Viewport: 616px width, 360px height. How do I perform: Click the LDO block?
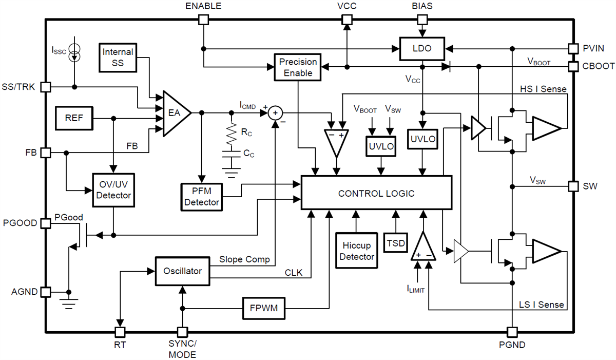pyautogui.click(x=422, y=49)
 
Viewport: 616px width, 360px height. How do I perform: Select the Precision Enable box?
pyautogui.click(x=298, y=67)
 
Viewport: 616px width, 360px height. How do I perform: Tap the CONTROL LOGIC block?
pyautogui.click(x=376, y=193)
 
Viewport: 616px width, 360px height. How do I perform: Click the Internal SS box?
pyautogui.click(x=118, y=58)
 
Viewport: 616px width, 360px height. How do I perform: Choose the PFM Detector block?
pyautogui.click(x=202, y=196)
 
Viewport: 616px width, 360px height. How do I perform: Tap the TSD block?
pyautogui.click(x=395, y=243)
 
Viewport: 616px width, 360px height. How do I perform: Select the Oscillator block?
pyautogui.click(x=183, y=271)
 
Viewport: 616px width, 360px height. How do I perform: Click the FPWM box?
pyautogui.click(x=264, y=309)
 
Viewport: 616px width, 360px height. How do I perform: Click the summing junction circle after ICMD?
pyautogui.click(x=276, y=113)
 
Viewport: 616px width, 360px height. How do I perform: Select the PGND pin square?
pyautogui.click(x=512, y=332)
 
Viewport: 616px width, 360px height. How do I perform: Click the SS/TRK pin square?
pyautogui.click(x=46, y=87)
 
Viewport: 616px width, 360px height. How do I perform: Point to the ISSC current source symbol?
pyautogui.click(x=75, y=53)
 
